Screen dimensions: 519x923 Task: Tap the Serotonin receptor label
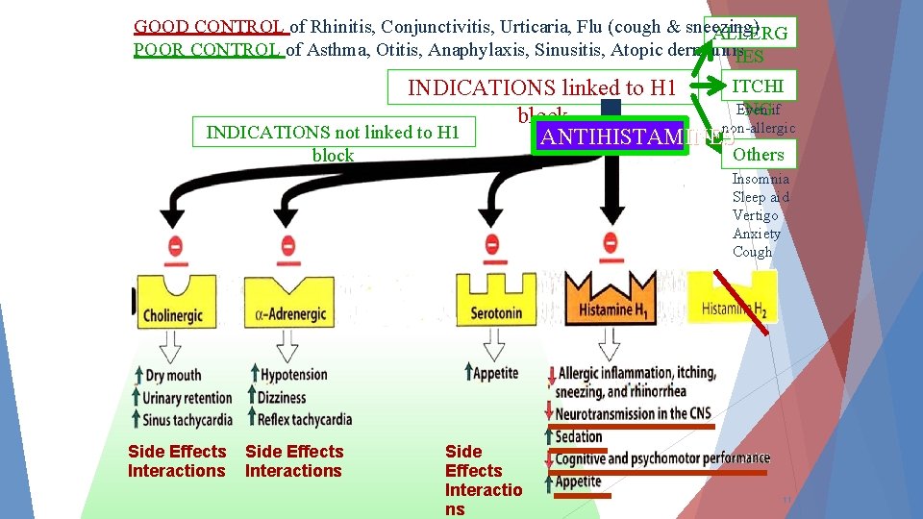(497, 311)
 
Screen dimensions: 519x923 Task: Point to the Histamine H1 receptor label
(610, 309)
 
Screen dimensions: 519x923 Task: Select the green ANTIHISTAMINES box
(611, 136)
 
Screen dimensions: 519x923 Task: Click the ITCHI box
(759, 86)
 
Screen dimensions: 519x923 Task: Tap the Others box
(759, 155)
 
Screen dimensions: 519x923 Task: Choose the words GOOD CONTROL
(209, 26)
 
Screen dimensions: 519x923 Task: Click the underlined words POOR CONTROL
(209, 49)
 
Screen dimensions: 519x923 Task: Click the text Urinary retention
(187, 398)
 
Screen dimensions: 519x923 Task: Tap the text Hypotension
(294, 376)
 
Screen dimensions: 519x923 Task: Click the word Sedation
(579, 436)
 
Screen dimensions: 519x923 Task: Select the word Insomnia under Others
(761, 179)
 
